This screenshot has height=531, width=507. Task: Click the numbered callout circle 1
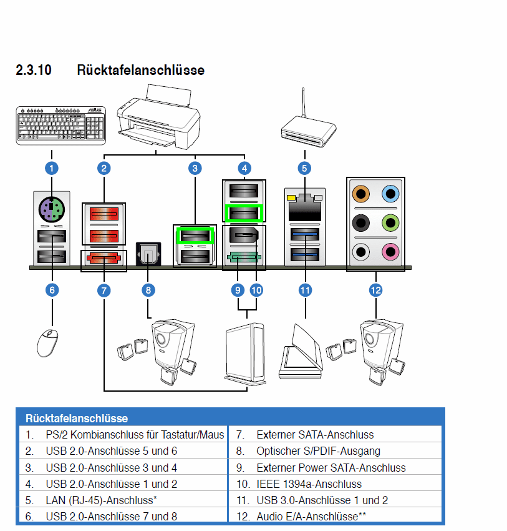pyautogui.click(x=52, y=167)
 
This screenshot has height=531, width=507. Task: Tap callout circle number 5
pyautogui.click(x=304, y=167)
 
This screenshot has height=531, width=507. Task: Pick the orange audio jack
pyautogui.click(x=360, y=193)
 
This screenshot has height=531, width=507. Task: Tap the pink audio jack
pyautogui.click(x=390, y=252)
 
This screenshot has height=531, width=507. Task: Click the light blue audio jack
pyautogui.click(x=390, y=193)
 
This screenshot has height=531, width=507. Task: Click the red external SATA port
pyautogui.click(x=104, y=259)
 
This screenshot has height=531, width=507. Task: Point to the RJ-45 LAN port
pyautogui.click(x=305, y=207)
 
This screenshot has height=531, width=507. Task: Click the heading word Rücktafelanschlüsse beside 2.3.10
pyautogui.click(x=140, y=70)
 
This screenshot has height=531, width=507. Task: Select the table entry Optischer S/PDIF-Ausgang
pyautogui.click(x=317, y=450)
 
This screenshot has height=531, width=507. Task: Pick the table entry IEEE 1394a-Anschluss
pyautogui.click(x=308, y=484)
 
